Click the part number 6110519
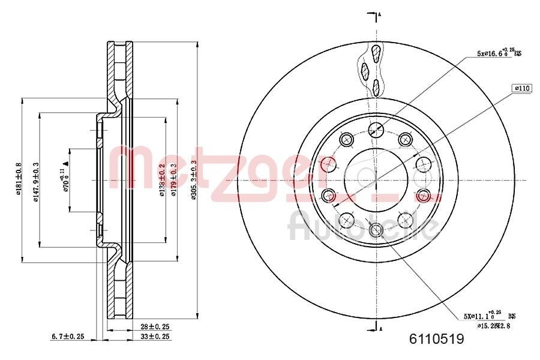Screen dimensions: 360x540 click(436, 340)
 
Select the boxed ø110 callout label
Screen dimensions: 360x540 click(522, 88)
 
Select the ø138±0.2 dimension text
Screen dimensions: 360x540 click(162, 180)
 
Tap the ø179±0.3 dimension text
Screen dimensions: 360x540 click(174, 180)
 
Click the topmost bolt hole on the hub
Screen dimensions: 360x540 click(376, 128)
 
